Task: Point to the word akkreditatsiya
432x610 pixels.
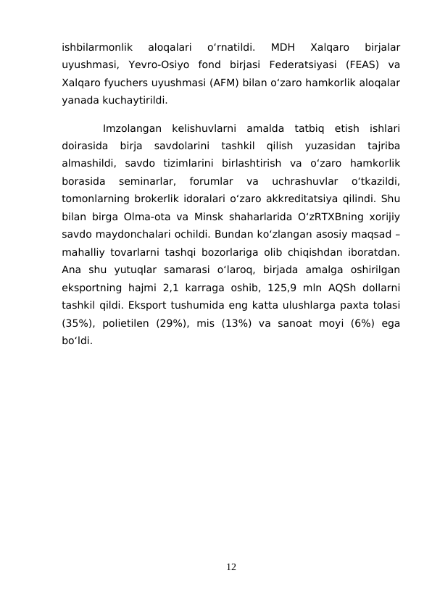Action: [286, 198]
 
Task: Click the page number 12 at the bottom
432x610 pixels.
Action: [230, 566]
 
